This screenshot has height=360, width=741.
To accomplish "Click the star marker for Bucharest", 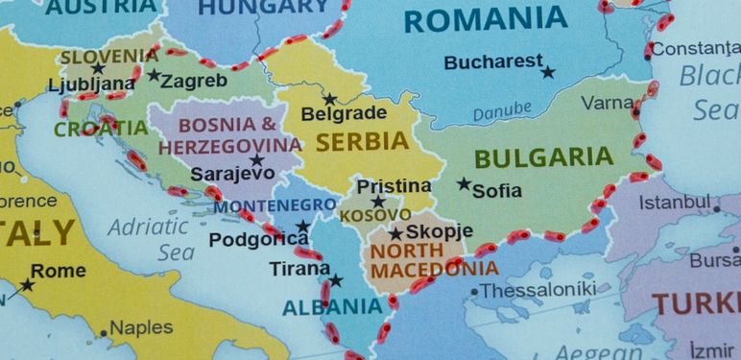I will (x=548, y=72).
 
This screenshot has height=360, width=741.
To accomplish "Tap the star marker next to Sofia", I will (x=464, y=183).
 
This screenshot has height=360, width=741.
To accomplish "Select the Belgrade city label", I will (x=344, y=114).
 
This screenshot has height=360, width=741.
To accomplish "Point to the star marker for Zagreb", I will (x=154, y=75).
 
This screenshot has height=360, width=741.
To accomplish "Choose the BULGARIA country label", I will (x=542, y=156).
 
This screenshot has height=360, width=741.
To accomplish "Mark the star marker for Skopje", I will (x=395, y=233).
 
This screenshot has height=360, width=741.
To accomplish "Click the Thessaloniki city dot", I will (x=473, y=292).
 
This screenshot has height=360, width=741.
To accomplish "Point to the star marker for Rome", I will (x=27, y=284).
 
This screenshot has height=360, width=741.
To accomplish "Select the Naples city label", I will (x=140, y=328).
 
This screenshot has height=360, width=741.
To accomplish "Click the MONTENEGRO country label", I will (x=274, y=205).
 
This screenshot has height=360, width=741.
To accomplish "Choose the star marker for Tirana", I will (x=335, y=280).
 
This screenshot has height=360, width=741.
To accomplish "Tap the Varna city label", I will (x=607, y=101).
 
